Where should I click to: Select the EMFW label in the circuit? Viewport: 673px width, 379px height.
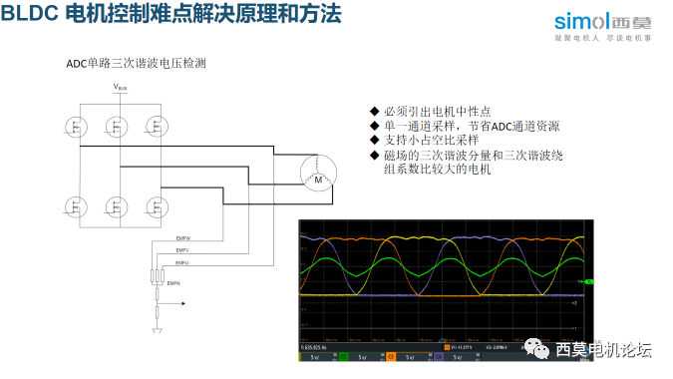[x=182, y=240]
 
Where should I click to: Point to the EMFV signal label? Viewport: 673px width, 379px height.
[x=182, y=251]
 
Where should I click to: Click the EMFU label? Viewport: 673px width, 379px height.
[x=182, y=262]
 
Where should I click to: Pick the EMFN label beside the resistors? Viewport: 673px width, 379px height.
[x=173, y=285]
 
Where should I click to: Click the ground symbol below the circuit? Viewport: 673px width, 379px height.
[x=157, y=329]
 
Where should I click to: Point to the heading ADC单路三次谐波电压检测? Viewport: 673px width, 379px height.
[x=136, y=63]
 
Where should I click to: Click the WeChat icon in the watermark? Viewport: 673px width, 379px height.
[x=536, y=349]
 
